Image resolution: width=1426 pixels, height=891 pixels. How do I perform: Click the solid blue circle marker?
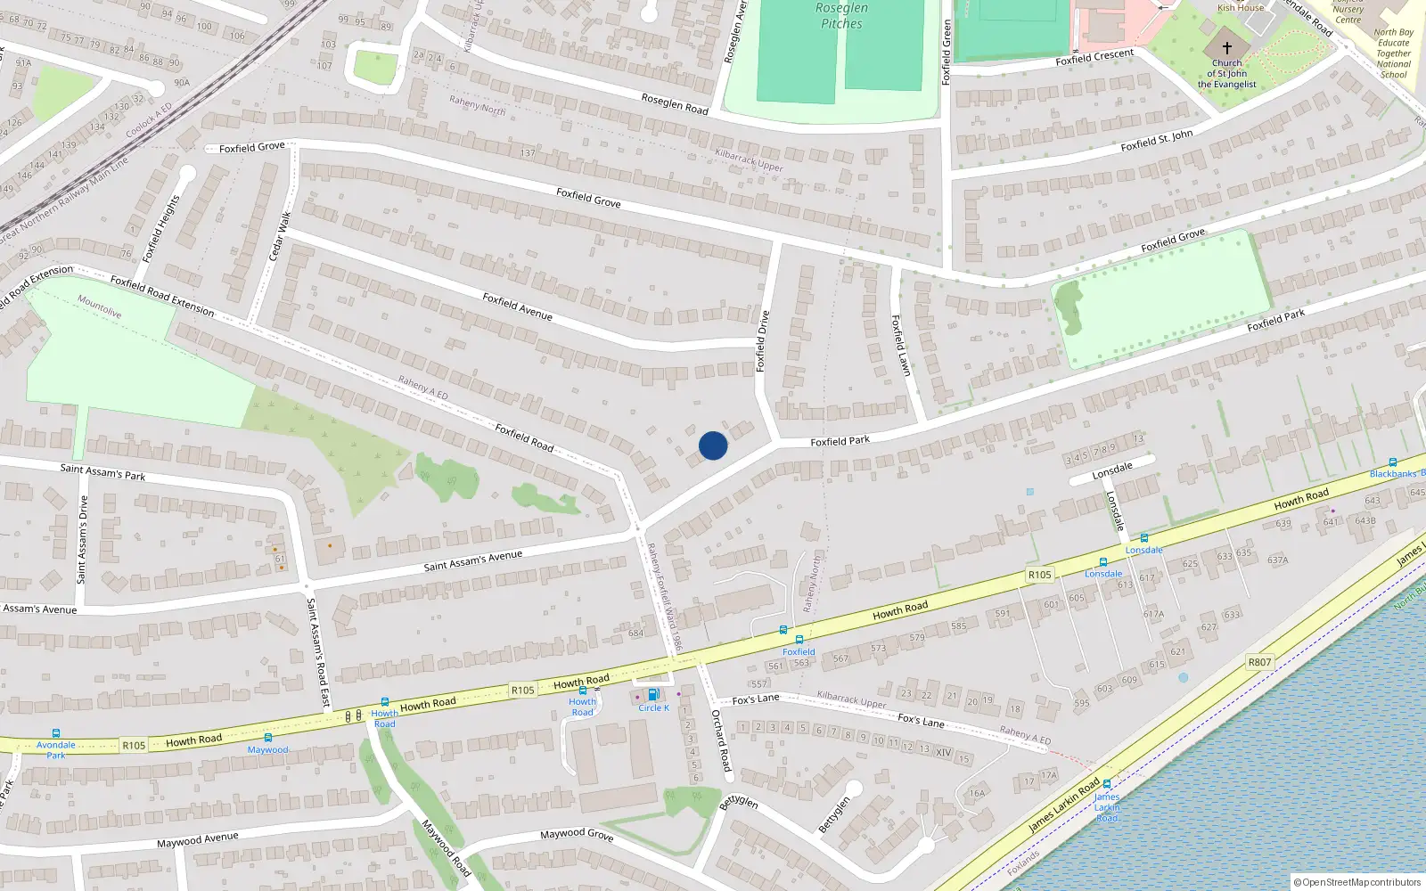click(x=713, y=445)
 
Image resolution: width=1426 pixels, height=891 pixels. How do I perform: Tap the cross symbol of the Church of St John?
click(x=1226, y=47)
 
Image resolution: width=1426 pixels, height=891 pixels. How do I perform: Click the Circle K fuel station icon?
click(x=652, y=695)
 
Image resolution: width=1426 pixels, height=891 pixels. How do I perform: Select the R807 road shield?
click(x=1259, y=662)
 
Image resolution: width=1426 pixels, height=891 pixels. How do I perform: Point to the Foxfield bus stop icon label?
click(x=799, y=651)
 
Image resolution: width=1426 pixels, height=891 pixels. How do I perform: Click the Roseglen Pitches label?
click(x=841, y=16)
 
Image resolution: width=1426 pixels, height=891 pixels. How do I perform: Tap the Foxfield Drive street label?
click(x=762, y=341)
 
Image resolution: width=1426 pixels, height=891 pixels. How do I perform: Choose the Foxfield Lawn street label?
click(x=901, y=345)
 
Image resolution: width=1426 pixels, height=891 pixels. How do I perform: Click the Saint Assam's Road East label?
click(x=318, y=652)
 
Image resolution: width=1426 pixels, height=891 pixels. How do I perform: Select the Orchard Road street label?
click(x=721, y=740)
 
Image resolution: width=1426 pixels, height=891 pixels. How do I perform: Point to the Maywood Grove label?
click(x=577, y=834)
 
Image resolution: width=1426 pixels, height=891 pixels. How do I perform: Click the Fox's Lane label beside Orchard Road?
click(x=756, y=699)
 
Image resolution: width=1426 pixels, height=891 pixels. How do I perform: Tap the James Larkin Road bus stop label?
click(x=1107, y=807)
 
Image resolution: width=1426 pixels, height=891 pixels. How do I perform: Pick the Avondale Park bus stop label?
click(x=56, y=749)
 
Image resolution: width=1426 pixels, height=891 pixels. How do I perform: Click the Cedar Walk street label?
click(x=280, y=236)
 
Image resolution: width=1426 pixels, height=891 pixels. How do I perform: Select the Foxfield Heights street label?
click(x=161, y=228)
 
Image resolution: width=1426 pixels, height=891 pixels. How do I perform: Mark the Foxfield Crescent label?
click(x=1094, y=57)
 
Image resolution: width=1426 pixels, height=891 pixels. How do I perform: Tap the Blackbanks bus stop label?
click(x=1396, y=473)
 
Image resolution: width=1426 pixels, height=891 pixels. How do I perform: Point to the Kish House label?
click(x=1241, y=8)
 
